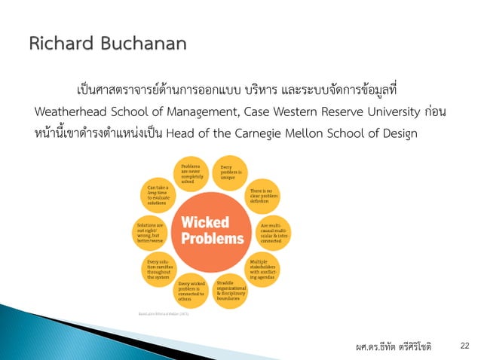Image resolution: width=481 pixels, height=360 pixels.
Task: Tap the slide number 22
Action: coord(464,345)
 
